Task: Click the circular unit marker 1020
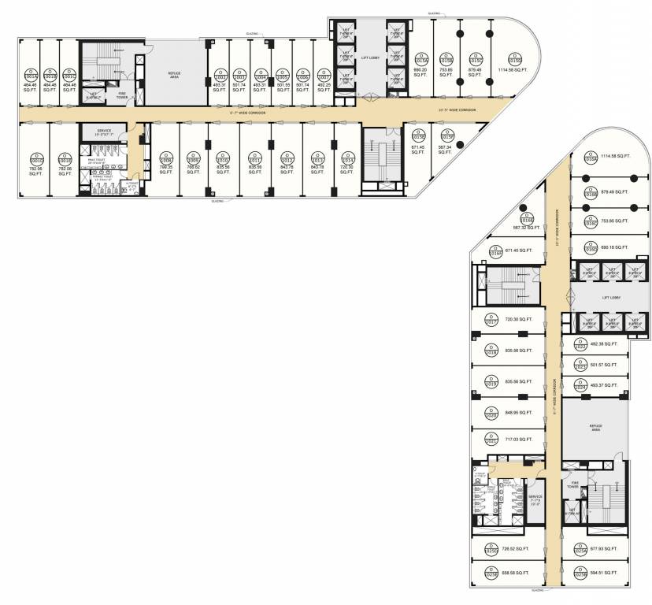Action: pyautogui.click(x=489, y=413)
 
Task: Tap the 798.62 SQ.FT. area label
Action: pyautogui.click(x=194, y=170)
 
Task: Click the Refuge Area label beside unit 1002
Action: pyautogui.click(x=174, y=75)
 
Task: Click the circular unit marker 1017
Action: pyautogui.click(x=489, y=321)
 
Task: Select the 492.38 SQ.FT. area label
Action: pyautogui.click(x=606, y=343)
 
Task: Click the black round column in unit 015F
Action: pyautogui.click(x=460, y=143)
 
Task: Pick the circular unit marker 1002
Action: pyautogui.click(x=219, y=78)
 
